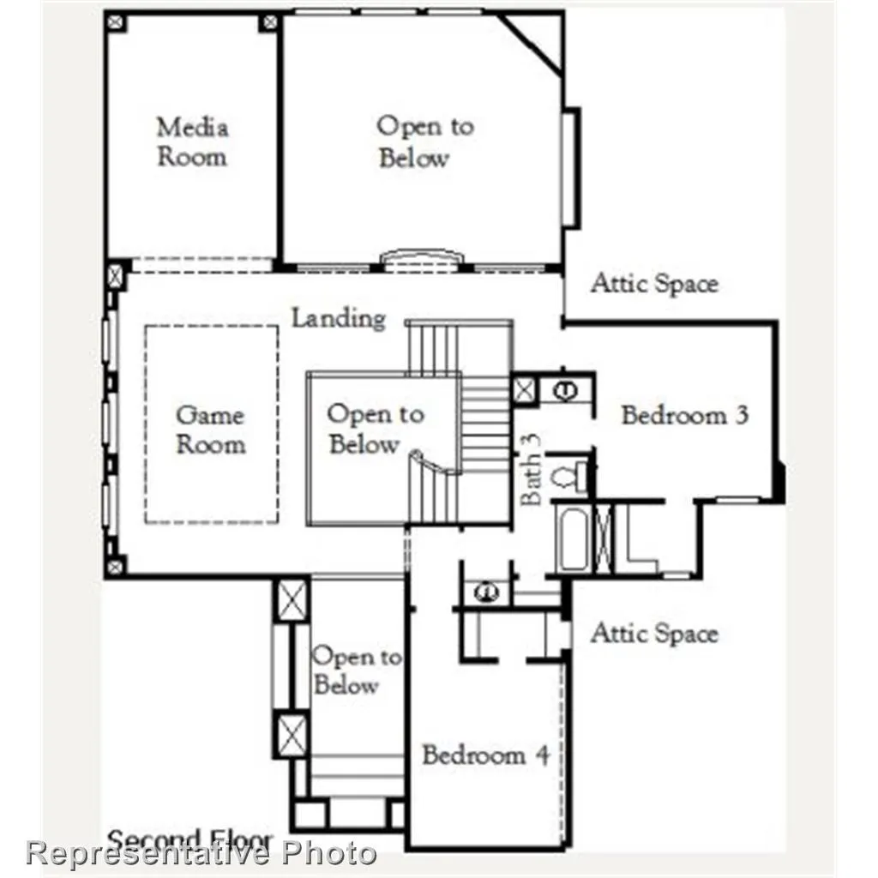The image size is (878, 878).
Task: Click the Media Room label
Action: tap(192, 142)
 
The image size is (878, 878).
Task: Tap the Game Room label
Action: tap(210, 430)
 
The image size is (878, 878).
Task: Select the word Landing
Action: tap(338, 318)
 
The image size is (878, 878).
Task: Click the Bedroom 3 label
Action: tap(684, 416)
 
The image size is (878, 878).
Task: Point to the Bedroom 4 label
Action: tap(484, 755)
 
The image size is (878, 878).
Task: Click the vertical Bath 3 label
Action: tap(532, 467)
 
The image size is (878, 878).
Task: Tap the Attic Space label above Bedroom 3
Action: tap(653, 284)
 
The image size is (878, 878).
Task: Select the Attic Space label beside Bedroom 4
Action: tap(653, 634)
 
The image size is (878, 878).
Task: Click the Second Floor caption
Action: tap(189, 840)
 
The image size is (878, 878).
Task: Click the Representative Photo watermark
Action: tap(201, 854)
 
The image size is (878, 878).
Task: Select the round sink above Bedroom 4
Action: tap(485, 592)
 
